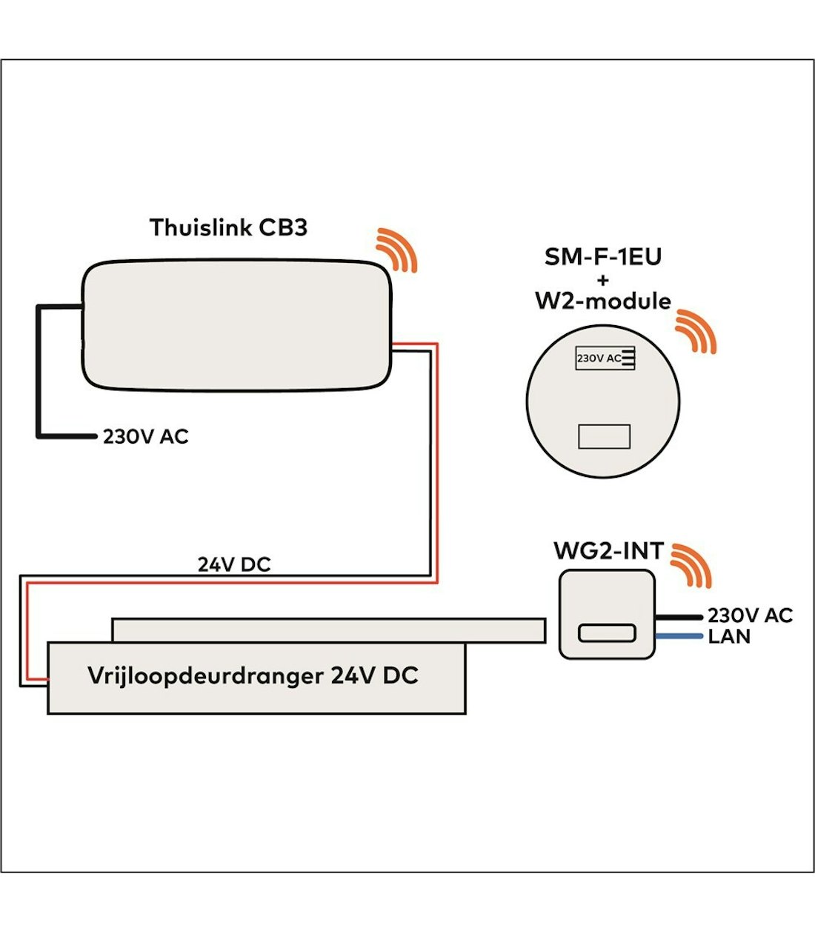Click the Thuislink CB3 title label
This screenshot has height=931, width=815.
(228, 227)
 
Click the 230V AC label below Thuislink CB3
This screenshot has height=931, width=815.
(145, 437)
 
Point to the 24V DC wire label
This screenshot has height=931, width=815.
(234, 565)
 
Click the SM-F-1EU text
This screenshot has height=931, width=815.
(602, 257)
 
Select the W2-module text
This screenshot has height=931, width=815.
(602, 301)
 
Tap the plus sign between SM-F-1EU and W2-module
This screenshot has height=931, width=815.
(602, 280)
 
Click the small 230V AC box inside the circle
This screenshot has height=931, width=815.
(605, 358)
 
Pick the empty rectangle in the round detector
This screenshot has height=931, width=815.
(604, 437)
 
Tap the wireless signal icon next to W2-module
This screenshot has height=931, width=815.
(696, 331)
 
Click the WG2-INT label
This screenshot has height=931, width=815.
(608, 552)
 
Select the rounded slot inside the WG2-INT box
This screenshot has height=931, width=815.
(607, 633)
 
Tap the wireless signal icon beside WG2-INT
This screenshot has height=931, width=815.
(691, 565)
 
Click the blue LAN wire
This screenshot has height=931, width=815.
(678, 636)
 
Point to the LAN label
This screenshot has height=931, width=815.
(729, 637)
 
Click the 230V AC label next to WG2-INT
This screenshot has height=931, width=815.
(750, 615)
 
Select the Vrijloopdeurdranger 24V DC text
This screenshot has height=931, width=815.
(253, 676)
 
